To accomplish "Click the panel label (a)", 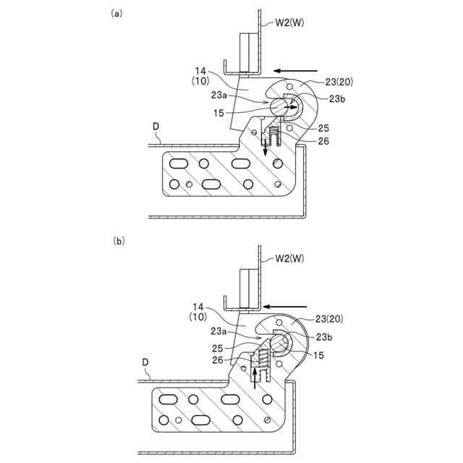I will click(x=116, y=13).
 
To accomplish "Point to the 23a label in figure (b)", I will click(x=220, y=331).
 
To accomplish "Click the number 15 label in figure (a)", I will click(x=218, y=113).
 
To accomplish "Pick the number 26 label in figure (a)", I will click(x=323, y=141).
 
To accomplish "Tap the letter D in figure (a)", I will click(x=156, y=126).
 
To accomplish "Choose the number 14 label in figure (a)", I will click(x=201, y=71).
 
